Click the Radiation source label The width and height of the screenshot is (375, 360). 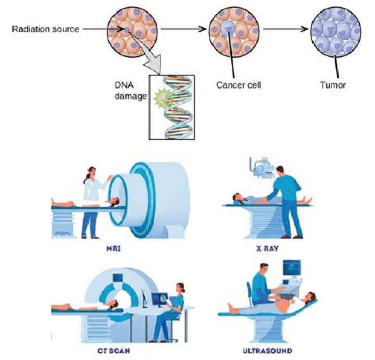45,29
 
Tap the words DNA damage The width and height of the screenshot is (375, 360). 130,91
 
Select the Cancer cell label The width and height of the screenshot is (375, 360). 239,85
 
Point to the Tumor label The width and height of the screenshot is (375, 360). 333,85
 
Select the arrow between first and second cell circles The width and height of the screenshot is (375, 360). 184,29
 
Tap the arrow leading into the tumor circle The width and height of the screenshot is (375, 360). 286,29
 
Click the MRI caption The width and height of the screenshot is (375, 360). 114,249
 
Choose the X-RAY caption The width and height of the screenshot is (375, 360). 267,249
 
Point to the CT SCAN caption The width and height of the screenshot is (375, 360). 114,351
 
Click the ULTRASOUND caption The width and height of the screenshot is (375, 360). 267,351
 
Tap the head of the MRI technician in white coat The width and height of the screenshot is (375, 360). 92,172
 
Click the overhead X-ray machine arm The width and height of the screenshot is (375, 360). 261,167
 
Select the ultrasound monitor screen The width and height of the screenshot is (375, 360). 292,268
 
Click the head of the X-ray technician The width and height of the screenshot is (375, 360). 280,171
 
